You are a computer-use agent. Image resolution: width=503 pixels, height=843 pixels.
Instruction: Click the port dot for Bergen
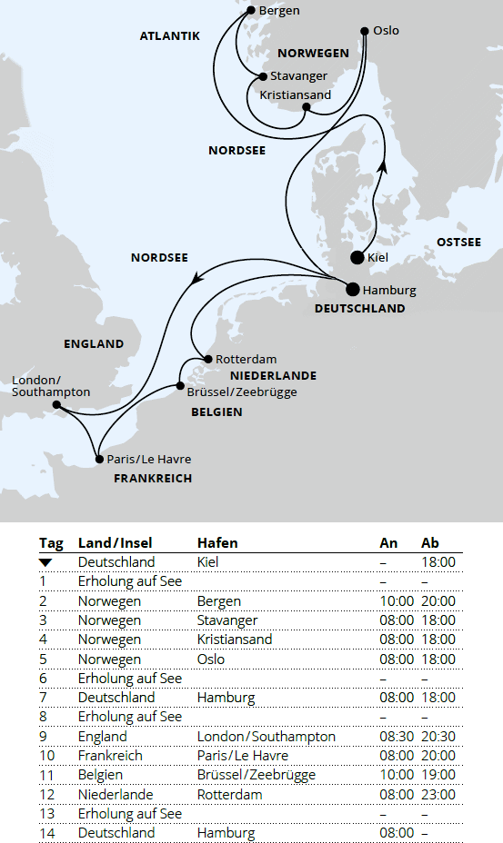pos(251,11)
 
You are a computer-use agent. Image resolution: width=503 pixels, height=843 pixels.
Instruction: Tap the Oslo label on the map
pos(386,31)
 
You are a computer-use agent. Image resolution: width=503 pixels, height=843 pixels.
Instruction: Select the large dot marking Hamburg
pos(353,290)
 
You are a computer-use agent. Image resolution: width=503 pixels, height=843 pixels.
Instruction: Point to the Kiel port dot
pos(357,257)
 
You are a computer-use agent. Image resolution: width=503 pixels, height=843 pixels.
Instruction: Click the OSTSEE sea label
pos(458,242)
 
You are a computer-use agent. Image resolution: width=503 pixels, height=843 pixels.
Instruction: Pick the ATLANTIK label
pos(169,36)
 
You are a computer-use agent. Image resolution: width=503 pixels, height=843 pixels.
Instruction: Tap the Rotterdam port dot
pos(207,359)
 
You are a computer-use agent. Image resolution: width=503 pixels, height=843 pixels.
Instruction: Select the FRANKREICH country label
pos(152,478)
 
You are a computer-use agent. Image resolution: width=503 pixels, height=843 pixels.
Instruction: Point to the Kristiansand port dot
pos(307,107)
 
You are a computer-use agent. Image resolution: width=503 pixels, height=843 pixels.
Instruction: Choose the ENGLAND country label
pos(93,344)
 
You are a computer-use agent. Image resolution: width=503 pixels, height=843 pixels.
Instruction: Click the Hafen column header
pos(217,542)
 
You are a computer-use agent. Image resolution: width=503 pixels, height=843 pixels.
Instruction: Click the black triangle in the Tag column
pos(45,563)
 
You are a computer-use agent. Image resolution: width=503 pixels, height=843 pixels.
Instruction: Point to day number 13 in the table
pos(44,814)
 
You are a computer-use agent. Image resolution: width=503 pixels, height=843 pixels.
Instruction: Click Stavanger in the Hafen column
pos(227,620)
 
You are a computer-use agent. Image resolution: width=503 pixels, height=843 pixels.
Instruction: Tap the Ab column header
pos(430,542)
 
